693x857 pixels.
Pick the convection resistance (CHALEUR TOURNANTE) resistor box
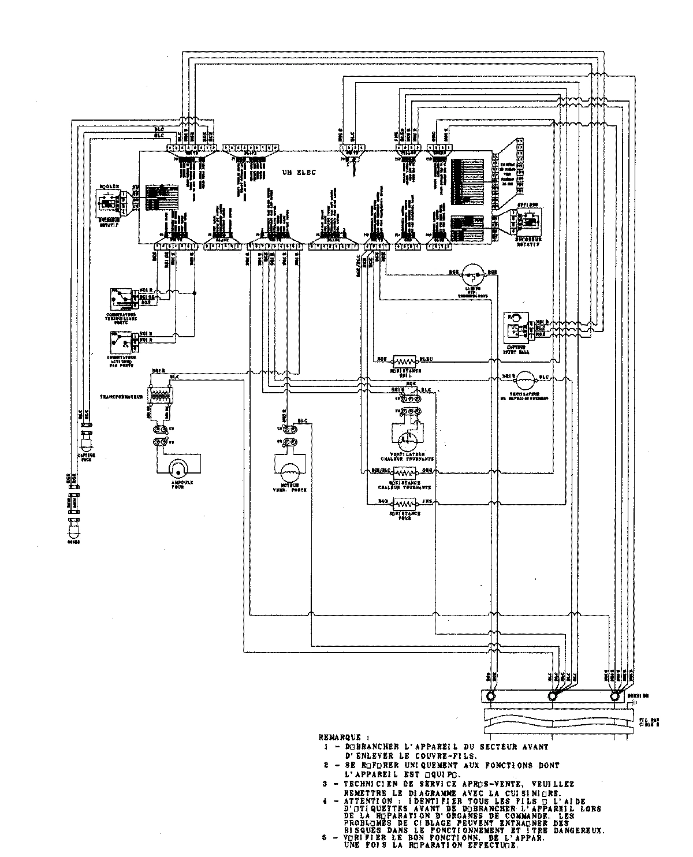[406, 470]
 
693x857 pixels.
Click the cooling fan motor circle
[525, 378]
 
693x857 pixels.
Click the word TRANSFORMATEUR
[121, 397]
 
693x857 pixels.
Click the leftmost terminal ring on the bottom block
[490, 696]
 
